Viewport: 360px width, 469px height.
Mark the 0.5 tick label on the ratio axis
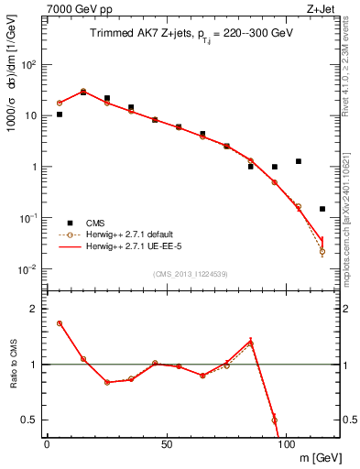click(29, 420)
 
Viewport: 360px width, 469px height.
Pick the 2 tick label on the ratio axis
click(35, 309)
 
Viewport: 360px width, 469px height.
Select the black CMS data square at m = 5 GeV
click(60, 115)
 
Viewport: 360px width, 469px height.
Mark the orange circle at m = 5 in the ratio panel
click(60, 323)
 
